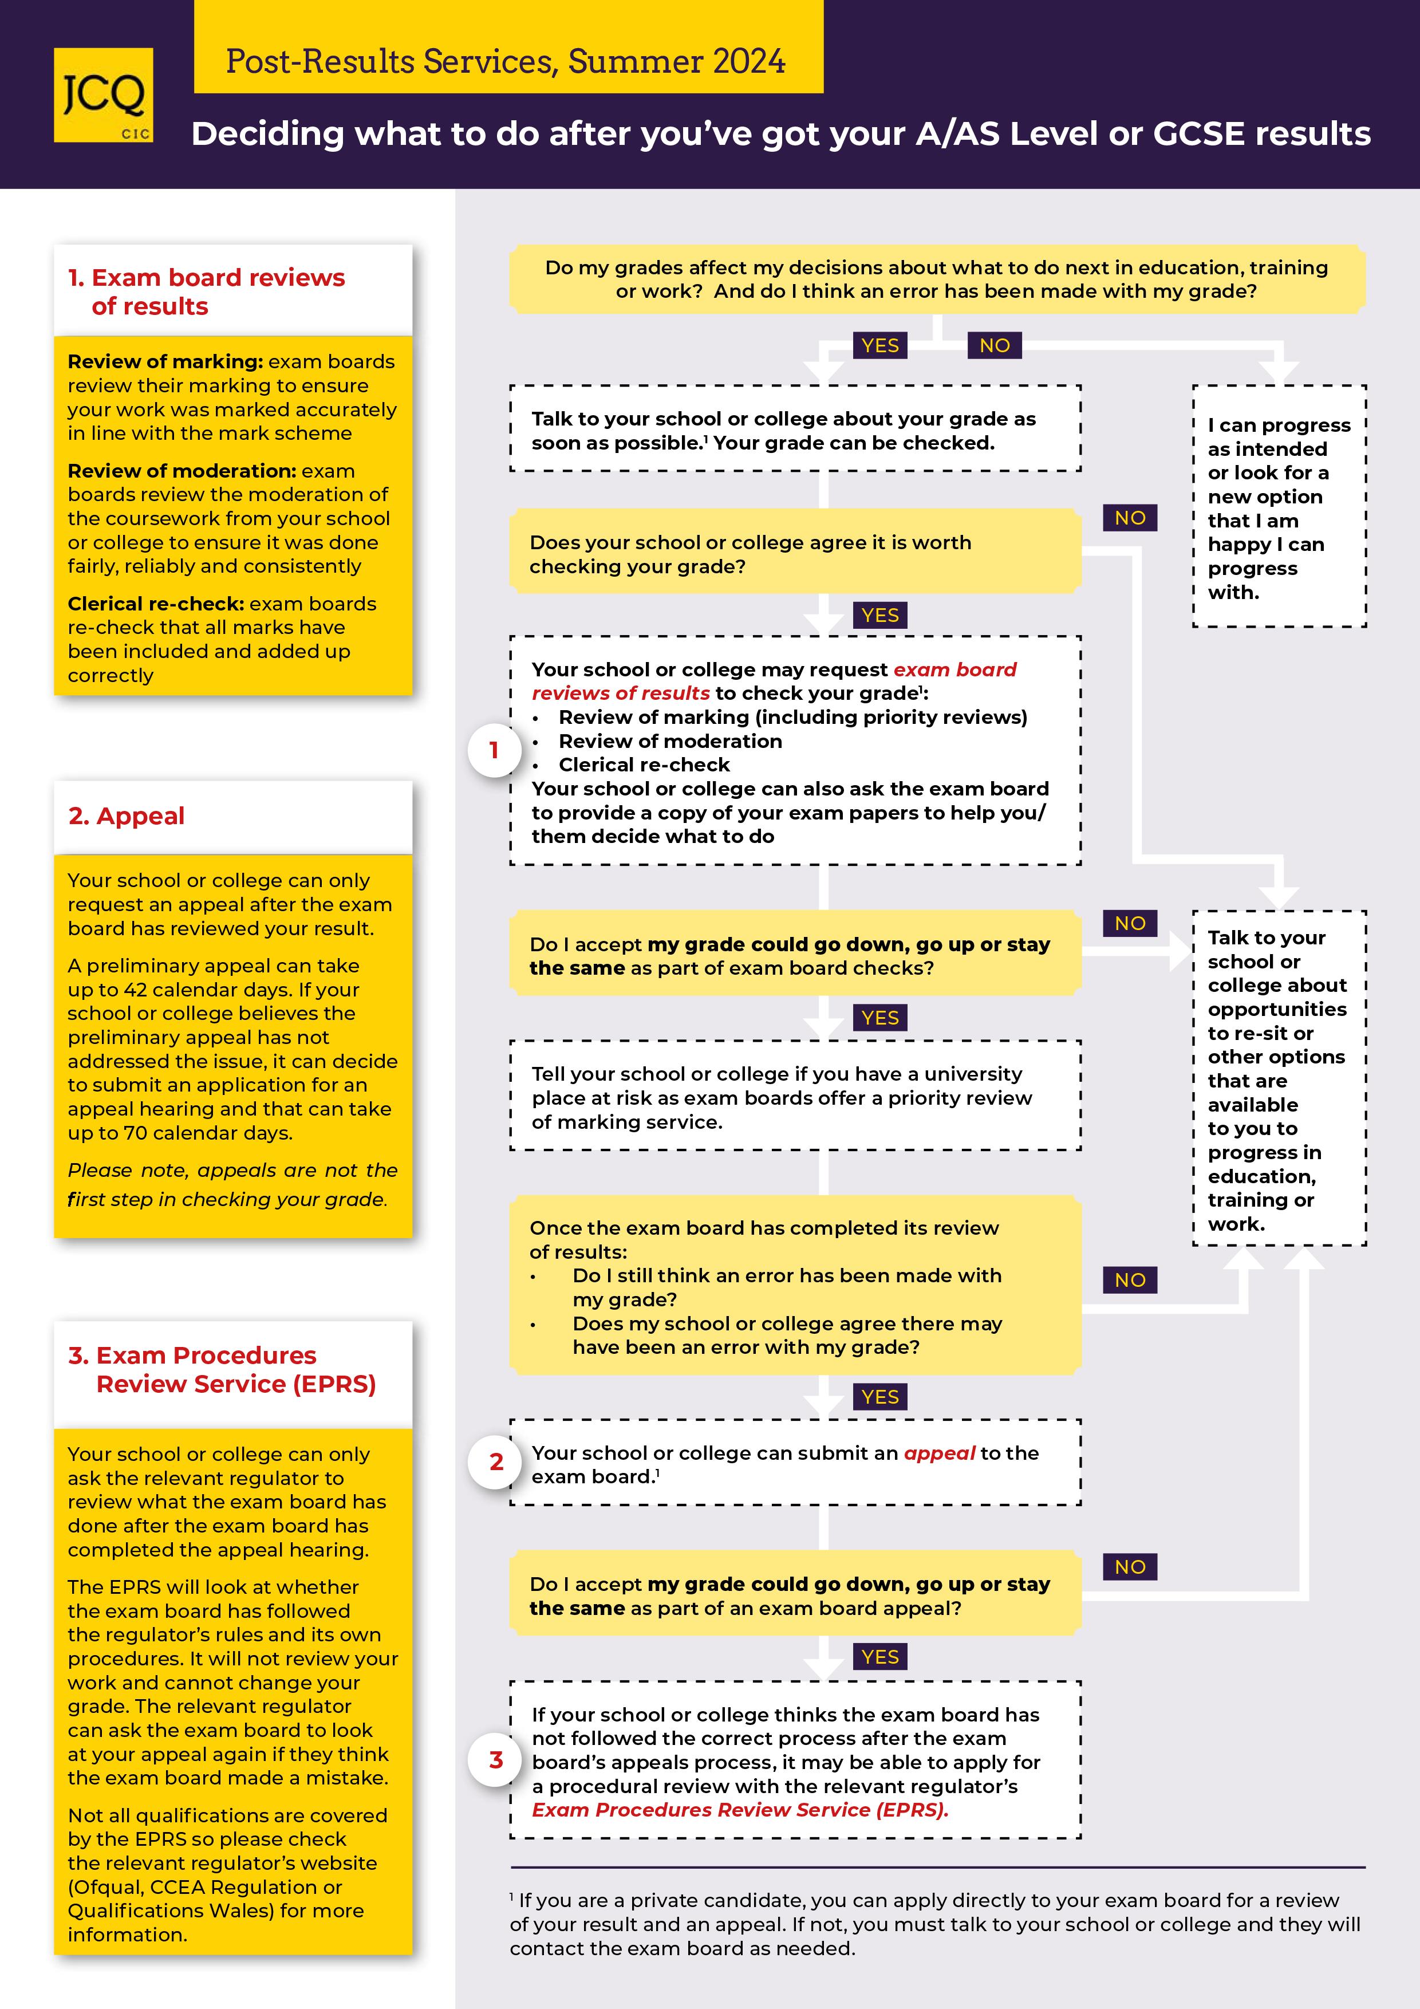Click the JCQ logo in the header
103,96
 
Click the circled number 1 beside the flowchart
494,750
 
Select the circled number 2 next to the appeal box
496,1462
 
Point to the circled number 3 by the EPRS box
496,1760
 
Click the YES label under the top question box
879,346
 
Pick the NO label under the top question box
994,346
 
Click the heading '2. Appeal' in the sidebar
127,817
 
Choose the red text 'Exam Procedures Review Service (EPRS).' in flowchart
740,1810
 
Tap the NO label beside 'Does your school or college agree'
1130,518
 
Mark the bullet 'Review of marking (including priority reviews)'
792,718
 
